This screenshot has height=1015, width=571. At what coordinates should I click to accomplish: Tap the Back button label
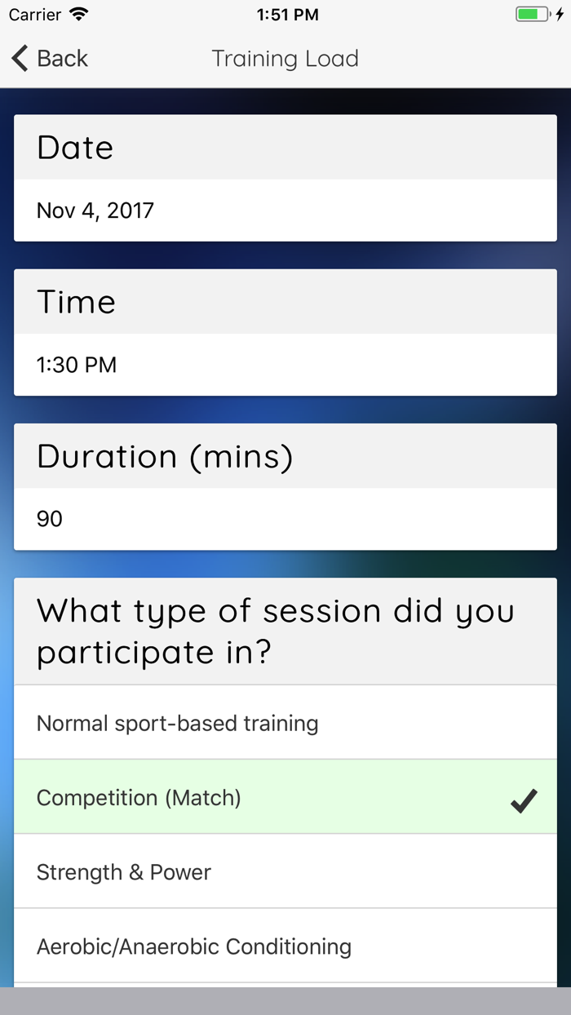tap(63, 59)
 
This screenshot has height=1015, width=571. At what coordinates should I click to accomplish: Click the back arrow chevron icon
tap(20, 59)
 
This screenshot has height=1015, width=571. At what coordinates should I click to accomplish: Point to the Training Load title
tap(285, 59)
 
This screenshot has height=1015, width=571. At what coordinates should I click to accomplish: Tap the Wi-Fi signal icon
tap(79, 15)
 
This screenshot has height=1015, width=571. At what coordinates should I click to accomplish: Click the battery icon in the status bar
tap(533, 15)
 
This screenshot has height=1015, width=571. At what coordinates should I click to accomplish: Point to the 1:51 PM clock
tap(288, 15)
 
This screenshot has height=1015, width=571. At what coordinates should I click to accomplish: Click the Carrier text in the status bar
tap(35, 15)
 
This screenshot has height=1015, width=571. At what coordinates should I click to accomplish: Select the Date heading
tap(75, 148)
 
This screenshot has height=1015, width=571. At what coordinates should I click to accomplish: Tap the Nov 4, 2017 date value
tap(95, 211)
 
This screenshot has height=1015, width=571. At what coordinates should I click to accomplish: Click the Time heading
tap(76, 302)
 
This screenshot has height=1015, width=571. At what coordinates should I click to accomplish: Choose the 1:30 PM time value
tap(77, 365)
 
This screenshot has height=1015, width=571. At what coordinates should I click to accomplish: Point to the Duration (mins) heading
tap(165, 457)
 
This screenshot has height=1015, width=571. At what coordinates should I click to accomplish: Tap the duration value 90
tap(50, 519)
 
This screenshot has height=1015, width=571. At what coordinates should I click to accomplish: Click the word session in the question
tap(321, 611)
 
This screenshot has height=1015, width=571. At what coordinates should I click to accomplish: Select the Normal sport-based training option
tap(177, 724)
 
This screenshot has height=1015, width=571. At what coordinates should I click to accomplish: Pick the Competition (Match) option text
tap(139, 798)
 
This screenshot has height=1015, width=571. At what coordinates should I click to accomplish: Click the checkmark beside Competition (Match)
tap(524, 800)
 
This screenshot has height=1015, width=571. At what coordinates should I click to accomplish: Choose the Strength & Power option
tap(124, 872)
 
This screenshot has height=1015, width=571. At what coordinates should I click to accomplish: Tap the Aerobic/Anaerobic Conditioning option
tap(194, 946)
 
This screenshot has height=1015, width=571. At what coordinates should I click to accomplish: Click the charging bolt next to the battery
tap(560, 15)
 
